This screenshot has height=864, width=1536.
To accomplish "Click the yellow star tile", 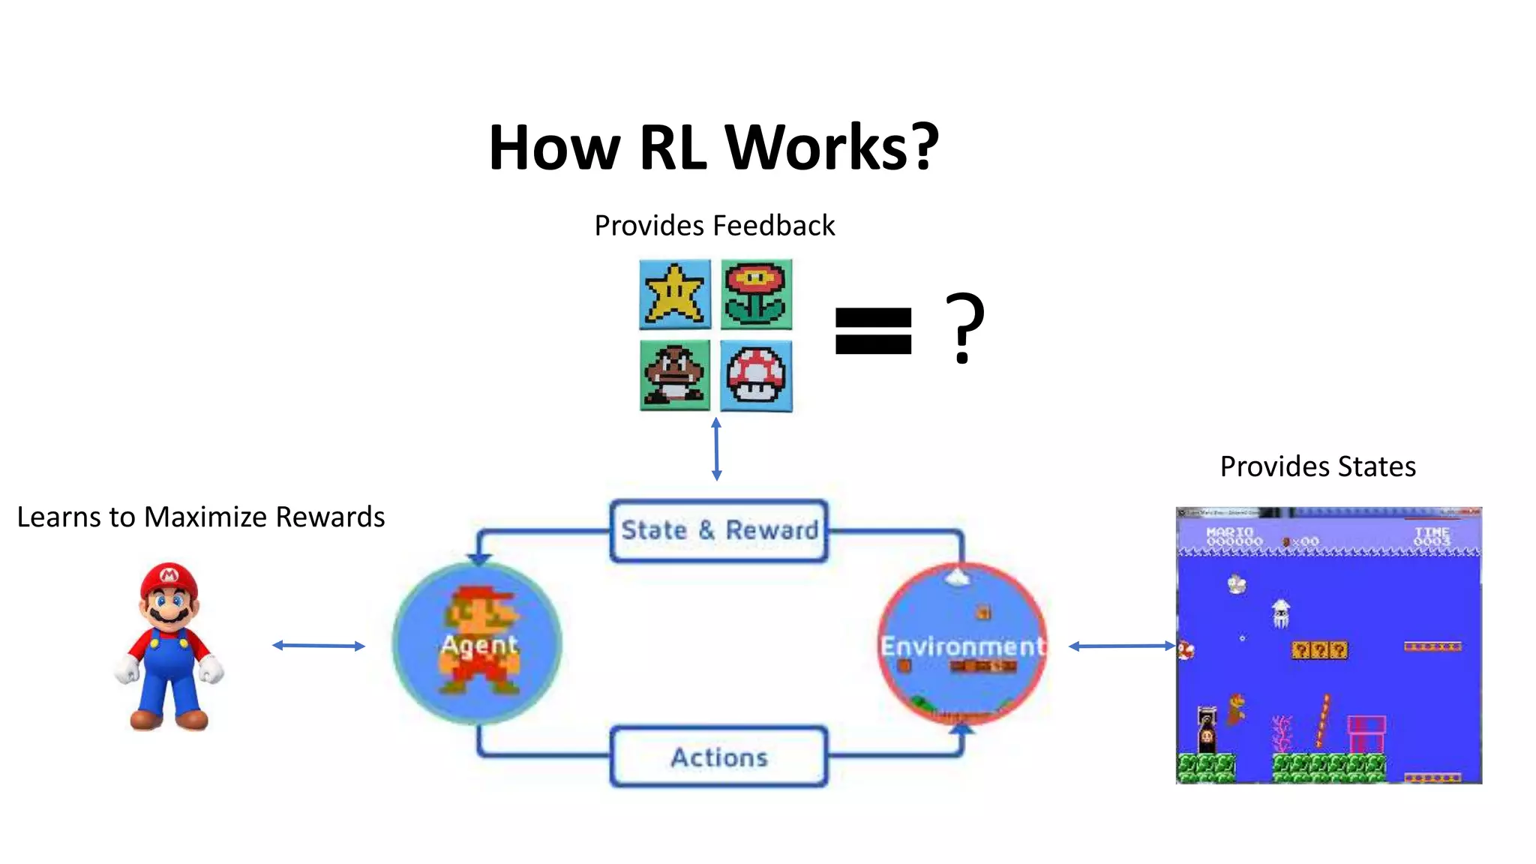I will coord(674,294).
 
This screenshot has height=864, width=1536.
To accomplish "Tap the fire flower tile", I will coord(756,294).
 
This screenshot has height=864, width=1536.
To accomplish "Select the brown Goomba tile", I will coord(674,375).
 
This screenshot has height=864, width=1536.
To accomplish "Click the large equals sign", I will coord(873,331).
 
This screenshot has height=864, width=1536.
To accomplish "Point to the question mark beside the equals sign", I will coord(964,328).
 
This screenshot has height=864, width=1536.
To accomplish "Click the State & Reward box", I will coord(718,530).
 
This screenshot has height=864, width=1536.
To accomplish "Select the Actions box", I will coord(718,757).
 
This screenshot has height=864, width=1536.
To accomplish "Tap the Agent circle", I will coord(477,643).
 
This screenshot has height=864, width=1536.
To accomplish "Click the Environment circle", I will coord(962,643).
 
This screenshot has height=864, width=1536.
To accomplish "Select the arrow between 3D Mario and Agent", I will coord(318,645).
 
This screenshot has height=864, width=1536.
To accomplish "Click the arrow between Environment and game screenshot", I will coord(1121,646).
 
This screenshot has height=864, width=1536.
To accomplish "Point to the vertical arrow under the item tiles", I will coord(716,449).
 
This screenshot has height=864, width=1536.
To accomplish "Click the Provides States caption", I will coord(1317,466).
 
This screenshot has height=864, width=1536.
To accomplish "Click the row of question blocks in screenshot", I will coord(1318,649).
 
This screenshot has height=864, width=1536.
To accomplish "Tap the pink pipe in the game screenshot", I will coord(1366,733).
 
